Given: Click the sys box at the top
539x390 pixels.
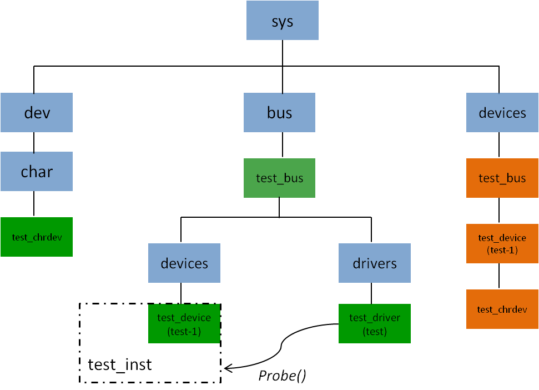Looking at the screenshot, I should click(x=282, y=21).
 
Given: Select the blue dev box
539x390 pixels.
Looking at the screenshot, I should click(x=37, y=113).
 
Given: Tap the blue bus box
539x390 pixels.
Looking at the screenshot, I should click(x=279, y=113).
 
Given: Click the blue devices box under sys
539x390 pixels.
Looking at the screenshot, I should click(x=502, y=113).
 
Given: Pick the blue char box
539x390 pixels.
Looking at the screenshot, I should click(x=37, y=172).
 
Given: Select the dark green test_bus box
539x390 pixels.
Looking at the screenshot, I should click(x=279, y=178).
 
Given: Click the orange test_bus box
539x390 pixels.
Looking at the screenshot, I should click(x=502, y=178).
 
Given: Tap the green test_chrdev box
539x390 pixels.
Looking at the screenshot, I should click(x=37, y=237).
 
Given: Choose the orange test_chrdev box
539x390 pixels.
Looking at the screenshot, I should click(x=502, y=309).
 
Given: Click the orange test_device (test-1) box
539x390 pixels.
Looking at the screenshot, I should click(x=502, y=243).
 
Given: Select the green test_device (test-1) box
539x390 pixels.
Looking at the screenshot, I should click(x=184, y=323).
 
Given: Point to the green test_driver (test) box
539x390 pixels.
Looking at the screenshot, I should click(x=375, y=323).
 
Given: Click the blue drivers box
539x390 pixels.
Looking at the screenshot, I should click(x=375, y=263).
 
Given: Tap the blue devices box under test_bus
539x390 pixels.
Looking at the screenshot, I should click(x=184, y=263).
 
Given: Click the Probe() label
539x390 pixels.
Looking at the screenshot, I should click(x=282, y=376).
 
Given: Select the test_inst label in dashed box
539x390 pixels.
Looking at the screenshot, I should click(x=120, y=365).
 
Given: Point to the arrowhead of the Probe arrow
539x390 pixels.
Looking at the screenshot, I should click(x=226, y=368).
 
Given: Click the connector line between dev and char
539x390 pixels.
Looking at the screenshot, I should click(x=34, y=142).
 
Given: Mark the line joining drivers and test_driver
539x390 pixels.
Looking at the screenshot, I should click(x=371, y=293).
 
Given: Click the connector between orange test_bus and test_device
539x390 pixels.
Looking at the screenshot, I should click(x=498, y=211).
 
